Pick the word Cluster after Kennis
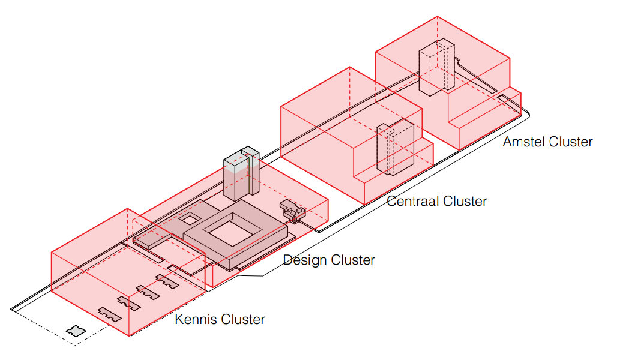coord(242,320)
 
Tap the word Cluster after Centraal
coord(464,201)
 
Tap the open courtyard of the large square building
coord(230,230)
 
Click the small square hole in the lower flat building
coord(193,217)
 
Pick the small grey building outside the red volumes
coord(76,331)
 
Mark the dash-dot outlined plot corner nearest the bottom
coord(75,346)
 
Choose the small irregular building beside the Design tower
coord(293,211)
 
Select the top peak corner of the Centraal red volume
coord(349,67)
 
